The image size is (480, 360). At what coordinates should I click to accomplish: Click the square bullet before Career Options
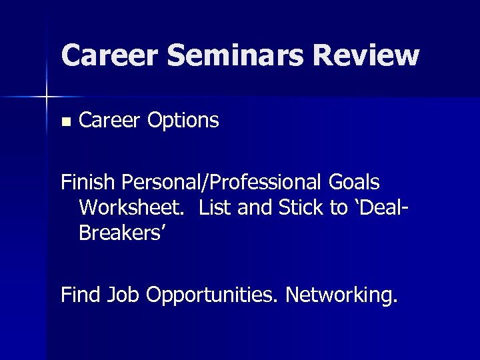(x=65, y=122)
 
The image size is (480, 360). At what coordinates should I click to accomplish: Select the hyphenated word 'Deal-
(x=377, y=208)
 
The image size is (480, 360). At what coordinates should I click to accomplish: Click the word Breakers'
(x=122, y=234)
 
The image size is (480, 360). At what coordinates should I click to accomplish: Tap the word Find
(x=81, y=294)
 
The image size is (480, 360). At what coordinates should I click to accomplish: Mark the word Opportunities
(x=212, y=295)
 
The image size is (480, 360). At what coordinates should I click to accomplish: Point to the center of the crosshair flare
(x=47, y=97)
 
